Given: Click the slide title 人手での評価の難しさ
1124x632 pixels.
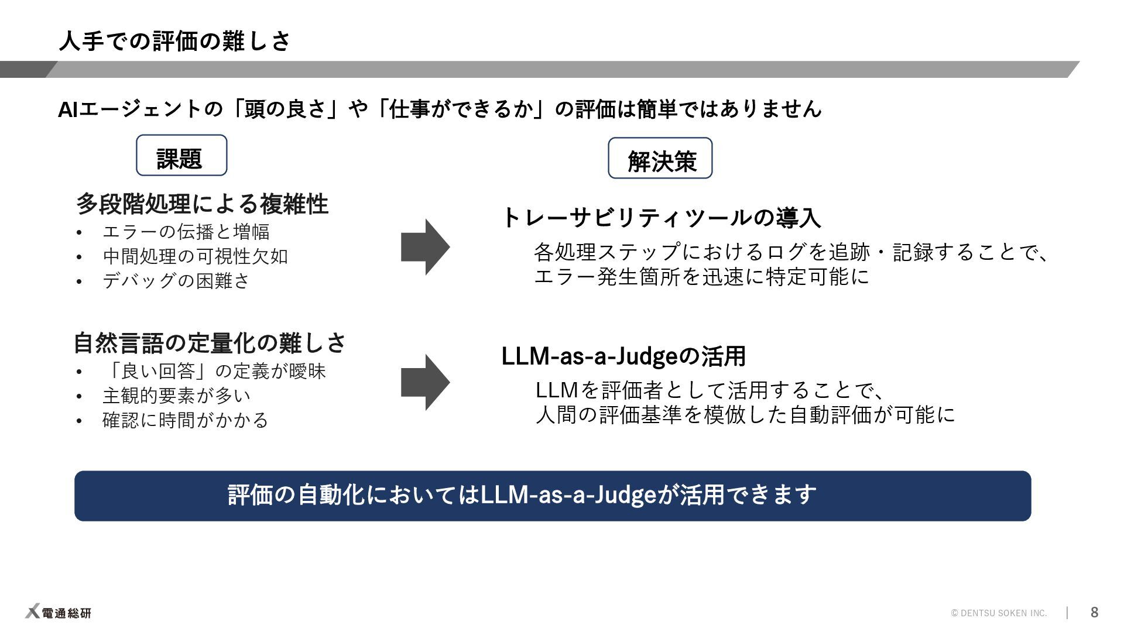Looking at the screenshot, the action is (x=174, y=41).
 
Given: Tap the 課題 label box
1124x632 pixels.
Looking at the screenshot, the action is (x=181, y=156).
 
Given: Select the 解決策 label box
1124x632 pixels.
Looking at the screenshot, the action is (x=660, y=159).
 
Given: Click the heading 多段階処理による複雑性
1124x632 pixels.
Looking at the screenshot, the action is (x=202, y=204).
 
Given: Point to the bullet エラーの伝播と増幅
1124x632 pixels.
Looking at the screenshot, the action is (x=186, y=232).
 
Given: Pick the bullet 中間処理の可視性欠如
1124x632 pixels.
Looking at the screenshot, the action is (x=195, y=256).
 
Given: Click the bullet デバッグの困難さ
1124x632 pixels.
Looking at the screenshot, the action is (x=176, y=281).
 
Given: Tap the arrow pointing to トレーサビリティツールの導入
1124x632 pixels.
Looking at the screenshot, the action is (x=425, y=247).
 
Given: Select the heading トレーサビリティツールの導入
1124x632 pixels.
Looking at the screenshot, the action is (x=661, y=218).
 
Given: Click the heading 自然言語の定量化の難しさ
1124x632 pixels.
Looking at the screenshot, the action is (x=210, y=343).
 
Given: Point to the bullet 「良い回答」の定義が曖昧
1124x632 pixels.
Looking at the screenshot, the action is (x=214, y=371).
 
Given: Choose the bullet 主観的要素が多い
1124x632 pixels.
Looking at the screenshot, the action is (x=176, y=396).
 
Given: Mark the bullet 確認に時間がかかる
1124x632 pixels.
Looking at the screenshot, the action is (x=185, y=420).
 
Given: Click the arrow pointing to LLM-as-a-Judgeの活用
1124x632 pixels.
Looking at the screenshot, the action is (x=425, y=382).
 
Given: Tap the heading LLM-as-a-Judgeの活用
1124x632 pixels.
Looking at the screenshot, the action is (x=623, y=356).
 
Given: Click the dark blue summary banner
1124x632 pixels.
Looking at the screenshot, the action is (x=553, y=496).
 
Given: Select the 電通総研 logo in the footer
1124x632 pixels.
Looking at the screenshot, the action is (x=59, y=612).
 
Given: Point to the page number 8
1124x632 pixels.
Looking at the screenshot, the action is (x=1094, y=613).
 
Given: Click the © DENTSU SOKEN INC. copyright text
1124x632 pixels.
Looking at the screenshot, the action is (x=999, y=613).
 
